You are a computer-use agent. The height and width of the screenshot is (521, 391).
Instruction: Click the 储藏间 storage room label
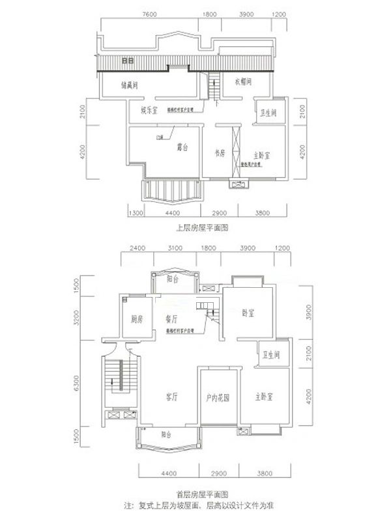pyautogui.click(x=133, y=85)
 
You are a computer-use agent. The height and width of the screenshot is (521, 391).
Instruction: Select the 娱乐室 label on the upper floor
pyautogui.click(x=149, y=110)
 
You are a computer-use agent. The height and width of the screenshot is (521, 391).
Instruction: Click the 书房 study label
pyautogui.click(x=220, y=153)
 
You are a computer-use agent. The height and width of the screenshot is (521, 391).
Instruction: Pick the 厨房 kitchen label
pyautogui.click(x=136, y=320)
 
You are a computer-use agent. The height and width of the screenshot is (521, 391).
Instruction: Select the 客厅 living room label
pyautogui.click(x=172, y=396)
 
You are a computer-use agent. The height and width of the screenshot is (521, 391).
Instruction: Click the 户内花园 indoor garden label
pyautogui.click(x=218, y=396)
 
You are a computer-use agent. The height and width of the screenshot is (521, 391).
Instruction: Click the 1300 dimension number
pyautogui.click(x=136, y=213)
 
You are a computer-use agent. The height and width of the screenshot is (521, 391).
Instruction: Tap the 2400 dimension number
pyautogui.click(x=136, y=249)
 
